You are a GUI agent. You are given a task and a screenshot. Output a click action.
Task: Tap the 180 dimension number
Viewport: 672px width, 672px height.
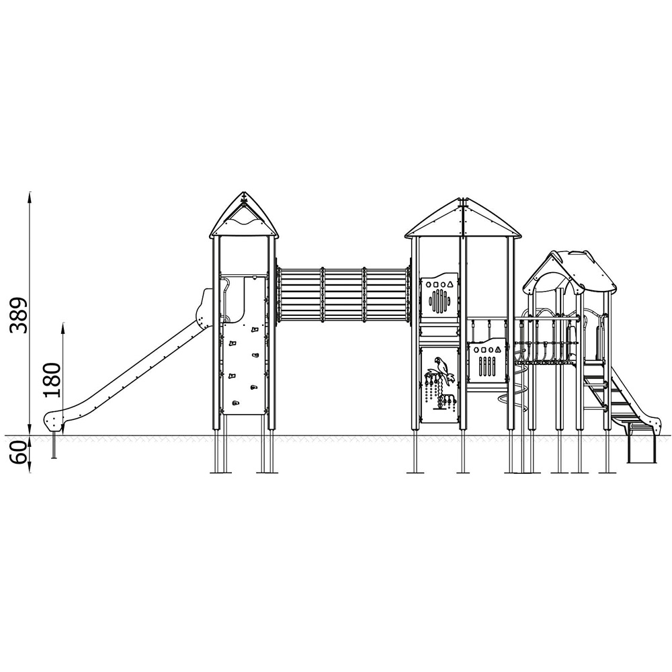[52, 380]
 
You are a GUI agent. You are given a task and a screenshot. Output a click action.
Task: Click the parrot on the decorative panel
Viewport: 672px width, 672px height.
[444, 370]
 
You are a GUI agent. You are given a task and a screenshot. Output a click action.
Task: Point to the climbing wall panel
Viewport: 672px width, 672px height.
[244, 368]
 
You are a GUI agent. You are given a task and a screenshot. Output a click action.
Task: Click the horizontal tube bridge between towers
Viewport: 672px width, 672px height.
[343, 294]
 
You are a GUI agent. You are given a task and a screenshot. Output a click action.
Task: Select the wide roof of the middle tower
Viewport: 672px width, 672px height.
[463, 218]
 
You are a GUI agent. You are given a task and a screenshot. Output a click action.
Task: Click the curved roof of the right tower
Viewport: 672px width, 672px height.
[569, 271]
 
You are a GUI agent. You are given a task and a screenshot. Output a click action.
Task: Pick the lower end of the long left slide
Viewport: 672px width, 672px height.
[53, 421]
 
